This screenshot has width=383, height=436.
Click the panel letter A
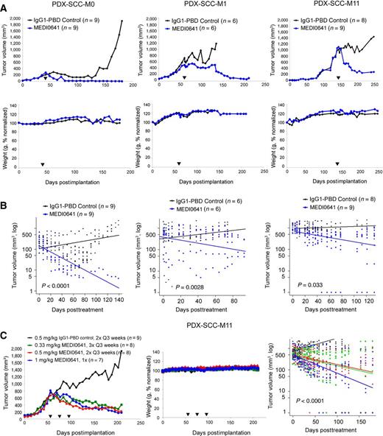pos(5,5)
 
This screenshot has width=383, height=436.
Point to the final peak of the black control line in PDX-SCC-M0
pos(121,22)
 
